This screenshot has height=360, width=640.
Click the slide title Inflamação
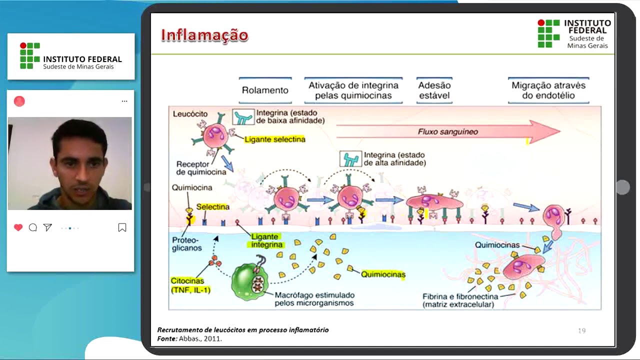[204, 35]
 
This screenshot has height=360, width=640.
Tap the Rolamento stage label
[265, 90]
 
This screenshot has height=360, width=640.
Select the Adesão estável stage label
[434, 90]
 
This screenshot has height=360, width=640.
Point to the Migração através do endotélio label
[548, 90]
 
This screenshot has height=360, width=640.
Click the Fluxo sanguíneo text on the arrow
[448, 132]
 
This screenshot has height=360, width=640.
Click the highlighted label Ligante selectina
[274, 139]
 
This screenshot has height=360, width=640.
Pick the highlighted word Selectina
[213, 206]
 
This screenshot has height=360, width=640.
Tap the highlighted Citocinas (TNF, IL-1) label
[190, 285]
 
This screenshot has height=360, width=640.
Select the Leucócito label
[190, 114]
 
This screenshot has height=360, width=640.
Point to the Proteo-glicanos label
[187, 243]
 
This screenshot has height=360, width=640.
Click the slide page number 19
[581, 330]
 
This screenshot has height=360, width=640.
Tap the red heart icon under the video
[18, 227]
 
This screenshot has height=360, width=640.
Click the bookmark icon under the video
[122, 227]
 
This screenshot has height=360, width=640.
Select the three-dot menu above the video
[124, 101]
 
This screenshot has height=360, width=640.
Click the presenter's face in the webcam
[79, 161]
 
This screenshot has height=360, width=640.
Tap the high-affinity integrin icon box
[350, 159]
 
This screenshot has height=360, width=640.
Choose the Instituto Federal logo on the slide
[574, 34]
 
